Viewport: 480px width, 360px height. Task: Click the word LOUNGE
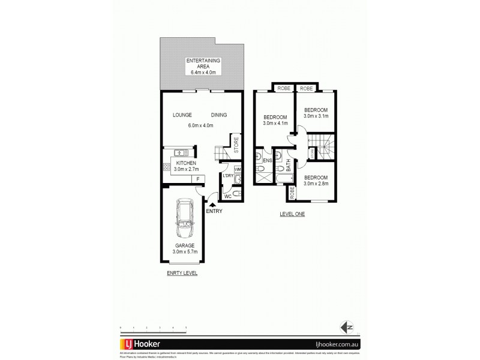coord(181,115)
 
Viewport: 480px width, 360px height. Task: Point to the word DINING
coord(218,115)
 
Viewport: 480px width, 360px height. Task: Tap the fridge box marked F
coord(196,178)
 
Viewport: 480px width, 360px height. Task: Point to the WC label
coord(227,196)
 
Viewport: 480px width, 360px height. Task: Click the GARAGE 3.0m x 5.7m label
coord(184,249)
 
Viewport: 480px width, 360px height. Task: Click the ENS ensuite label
coord(268,161)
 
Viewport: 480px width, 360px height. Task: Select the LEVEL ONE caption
coord(293,214)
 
